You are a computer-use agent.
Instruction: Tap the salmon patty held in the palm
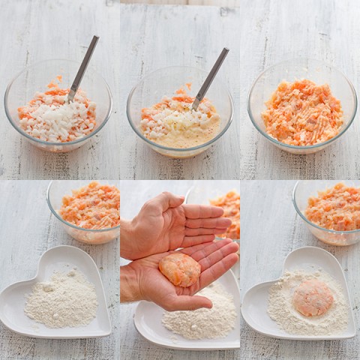pyautogui.click(x=180, y=268)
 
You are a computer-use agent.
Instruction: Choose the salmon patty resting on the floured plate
pyautogui.click(x=313, y=298)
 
